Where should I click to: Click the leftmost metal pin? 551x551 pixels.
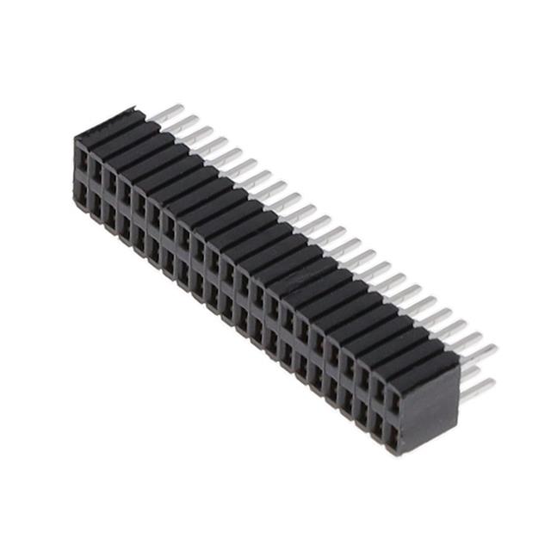pos(167,113)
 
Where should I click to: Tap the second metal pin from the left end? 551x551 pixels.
pos(183,123)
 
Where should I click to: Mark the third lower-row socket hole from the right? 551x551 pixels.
pos(362,415)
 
